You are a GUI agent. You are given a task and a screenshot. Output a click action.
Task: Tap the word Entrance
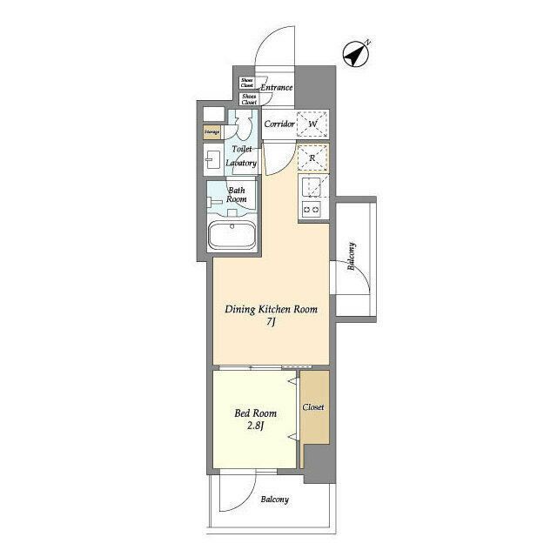tap(278, 87)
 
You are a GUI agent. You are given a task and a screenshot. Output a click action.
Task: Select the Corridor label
tap(278, 124)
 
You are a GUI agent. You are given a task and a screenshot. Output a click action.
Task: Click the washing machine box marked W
tap(312, 124)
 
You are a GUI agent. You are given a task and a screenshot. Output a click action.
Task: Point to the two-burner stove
tap(312, 209)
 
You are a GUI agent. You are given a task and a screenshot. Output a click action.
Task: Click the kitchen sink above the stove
tap(312, 185)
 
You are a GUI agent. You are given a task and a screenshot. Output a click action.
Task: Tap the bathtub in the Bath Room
tap(232, 236)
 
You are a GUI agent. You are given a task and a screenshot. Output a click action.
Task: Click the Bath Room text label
tap(237, 194)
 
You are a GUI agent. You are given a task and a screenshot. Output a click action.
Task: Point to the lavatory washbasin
tap(213, 159)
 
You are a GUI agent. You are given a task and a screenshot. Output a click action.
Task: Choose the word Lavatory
tap(241, 163)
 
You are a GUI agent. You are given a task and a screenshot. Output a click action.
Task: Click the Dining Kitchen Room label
tap(271, 309)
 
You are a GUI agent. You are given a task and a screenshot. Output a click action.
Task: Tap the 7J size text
tap(271, 323)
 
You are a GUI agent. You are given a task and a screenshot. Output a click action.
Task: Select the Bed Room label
tap(254, 414)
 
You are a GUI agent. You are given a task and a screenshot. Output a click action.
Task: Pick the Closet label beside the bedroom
tap(313, 407)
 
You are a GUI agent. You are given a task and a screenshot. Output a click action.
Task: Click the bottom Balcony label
tap(274, 500)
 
